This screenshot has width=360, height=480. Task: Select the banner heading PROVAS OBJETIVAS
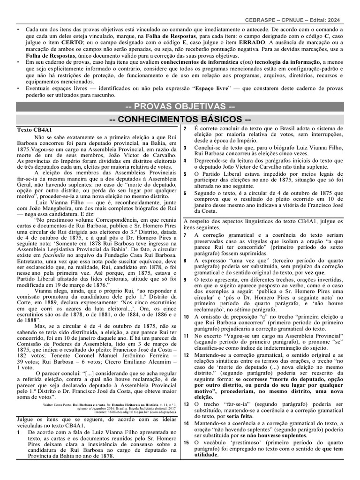(180, 106)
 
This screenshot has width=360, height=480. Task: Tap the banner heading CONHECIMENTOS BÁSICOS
(180, 119)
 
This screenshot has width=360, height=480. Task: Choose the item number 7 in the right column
(185, 234)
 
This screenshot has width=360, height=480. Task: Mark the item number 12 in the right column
(186, 342)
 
